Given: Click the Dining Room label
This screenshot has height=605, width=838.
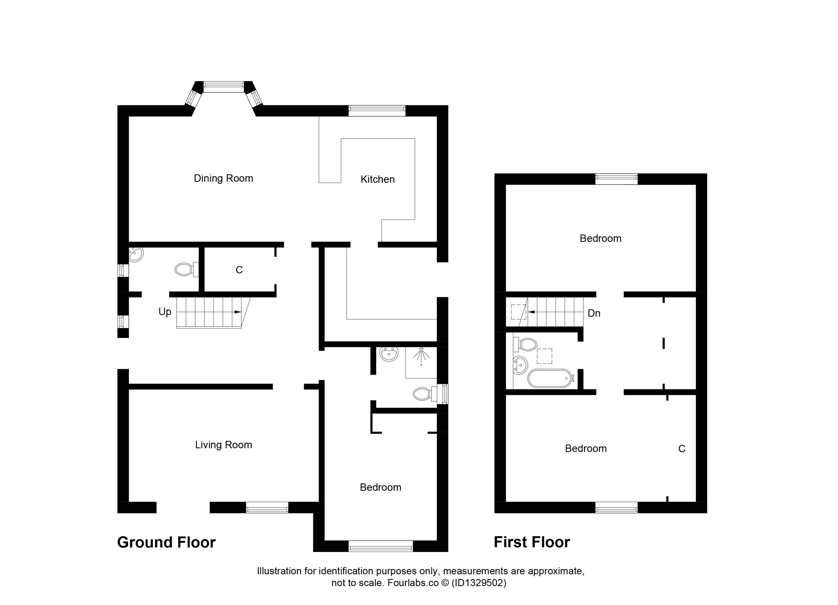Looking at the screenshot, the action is tap(223, 178).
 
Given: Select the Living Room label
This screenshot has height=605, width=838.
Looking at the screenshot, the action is tap(224, 445).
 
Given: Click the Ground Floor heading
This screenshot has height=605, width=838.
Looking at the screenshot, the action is tap(166, 543).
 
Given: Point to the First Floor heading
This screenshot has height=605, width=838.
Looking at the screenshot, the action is tap(532, 542).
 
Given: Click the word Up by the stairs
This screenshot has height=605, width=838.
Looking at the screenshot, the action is tap(165, 312).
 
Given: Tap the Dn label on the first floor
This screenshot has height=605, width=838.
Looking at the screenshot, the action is tap(594, 313).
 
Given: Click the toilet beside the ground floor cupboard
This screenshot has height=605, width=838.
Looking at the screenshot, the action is tap(187, 270).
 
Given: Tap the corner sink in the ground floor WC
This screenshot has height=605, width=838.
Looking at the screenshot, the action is tap(136, 254).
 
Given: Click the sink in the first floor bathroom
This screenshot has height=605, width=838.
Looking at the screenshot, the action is tap(520, 365).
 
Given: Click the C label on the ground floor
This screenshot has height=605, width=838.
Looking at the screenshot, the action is tap(239, 270).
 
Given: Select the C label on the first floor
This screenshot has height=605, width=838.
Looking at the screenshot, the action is tap(682, 449).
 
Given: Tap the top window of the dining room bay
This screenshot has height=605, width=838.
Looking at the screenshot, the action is tap(224, 87).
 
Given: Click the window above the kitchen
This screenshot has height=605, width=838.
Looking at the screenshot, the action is tap(377, 111).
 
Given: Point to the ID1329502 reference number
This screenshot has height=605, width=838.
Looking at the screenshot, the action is tap(479, 583).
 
